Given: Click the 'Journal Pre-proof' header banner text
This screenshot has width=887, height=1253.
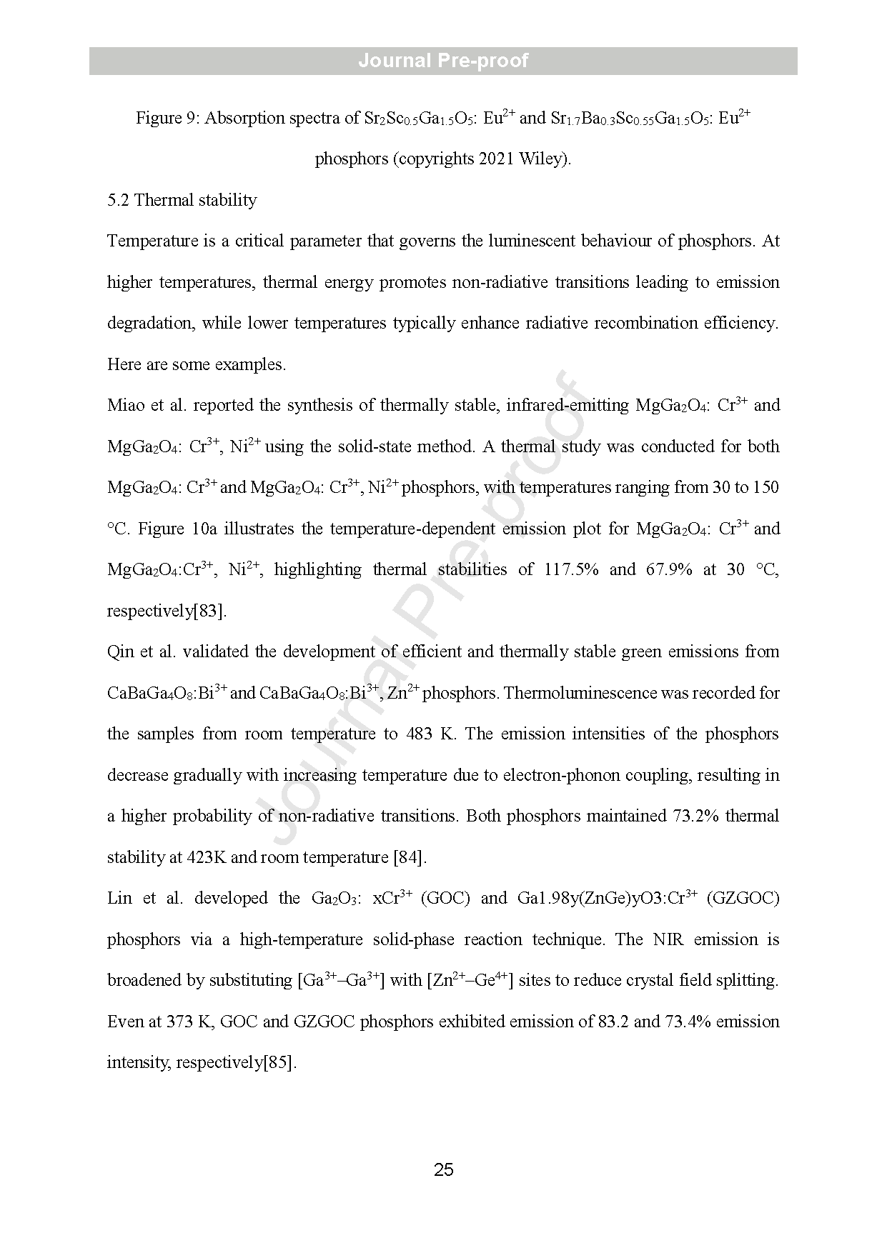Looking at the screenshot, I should [x=443, y=61].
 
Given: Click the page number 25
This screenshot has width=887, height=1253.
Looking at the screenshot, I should [x=443, y=1169].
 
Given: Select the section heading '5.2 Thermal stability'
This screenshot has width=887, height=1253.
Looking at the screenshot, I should [x=182, y=200].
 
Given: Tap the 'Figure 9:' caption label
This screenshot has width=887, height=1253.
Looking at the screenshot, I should [x=168, y=119].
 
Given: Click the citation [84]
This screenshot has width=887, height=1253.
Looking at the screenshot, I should [x=410, y=857].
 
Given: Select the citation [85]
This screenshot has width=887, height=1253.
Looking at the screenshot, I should [x=279, y=1063].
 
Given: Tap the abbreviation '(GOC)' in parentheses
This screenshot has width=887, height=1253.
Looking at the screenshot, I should [x=445, y=899].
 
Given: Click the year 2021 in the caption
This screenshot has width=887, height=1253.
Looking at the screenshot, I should [x=496, y=159].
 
